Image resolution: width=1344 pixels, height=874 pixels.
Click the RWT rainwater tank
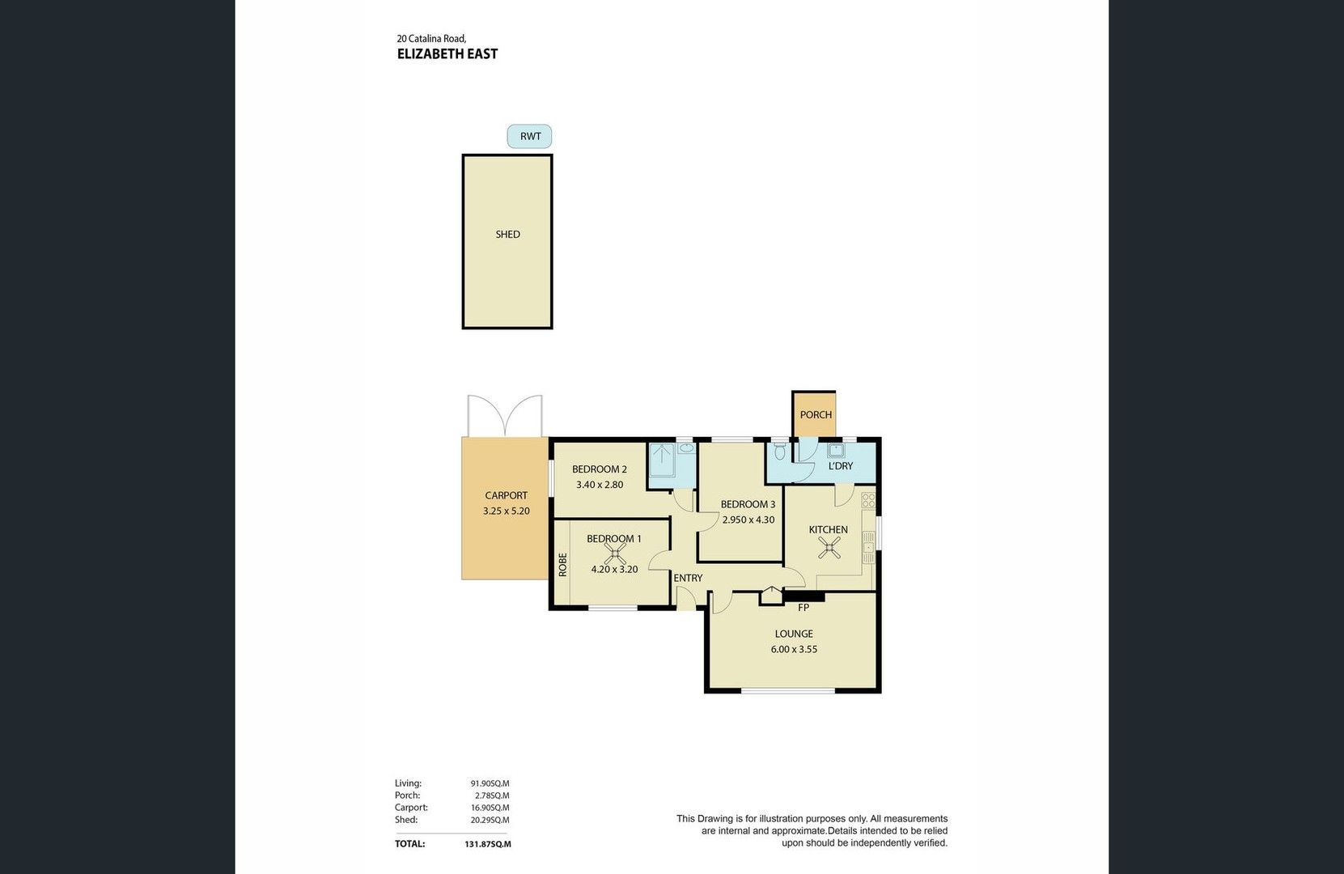pos(530,136)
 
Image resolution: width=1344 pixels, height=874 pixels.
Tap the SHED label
pos(507,235)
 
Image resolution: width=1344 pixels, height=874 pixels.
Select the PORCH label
pos(816,415)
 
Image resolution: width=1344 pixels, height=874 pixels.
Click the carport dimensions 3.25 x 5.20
pos(506,511)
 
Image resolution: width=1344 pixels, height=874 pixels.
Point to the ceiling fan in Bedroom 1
pos(616,554)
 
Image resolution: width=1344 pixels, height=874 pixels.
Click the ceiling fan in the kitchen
pos(829,549)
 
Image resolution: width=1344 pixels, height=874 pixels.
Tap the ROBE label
pos(562,564)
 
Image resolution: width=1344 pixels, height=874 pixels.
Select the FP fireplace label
pos(803,607)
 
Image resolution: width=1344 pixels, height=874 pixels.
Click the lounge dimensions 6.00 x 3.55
pos(793,649)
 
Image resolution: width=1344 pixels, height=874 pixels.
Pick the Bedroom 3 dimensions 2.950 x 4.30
pos(748,520)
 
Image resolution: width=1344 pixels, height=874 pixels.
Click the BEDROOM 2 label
pos(599,469)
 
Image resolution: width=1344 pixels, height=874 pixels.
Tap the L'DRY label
pos(841,466)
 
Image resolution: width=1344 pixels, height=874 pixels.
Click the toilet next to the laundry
pos(780,450)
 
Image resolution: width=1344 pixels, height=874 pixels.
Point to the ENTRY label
pos(688,578)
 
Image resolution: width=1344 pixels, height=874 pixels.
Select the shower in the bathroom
pos(662,462)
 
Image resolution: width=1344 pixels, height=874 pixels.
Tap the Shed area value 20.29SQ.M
pos(490,820)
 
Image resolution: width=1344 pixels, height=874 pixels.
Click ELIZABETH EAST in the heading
pos(447,54)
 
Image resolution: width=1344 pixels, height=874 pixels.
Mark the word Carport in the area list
pos(411,808)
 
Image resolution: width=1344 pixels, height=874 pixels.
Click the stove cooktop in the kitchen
pos(868,500)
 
